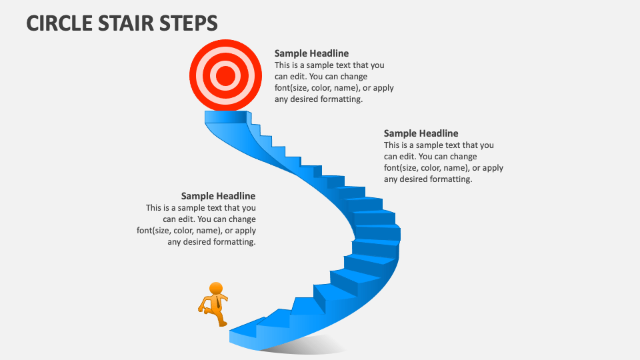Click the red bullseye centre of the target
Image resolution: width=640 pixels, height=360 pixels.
[226, 76]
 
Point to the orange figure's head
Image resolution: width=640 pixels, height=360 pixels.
[216, 288]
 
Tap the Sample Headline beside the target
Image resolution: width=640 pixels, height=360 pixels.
[311, 53]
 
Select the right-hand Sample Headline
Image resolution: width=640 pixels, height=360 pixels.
[421, 133]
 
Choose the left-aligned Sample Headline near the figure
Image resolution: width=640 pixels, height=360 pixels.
[218, 196]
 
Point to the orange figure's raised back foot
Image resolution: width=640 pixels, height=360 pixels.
[201, 308]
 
